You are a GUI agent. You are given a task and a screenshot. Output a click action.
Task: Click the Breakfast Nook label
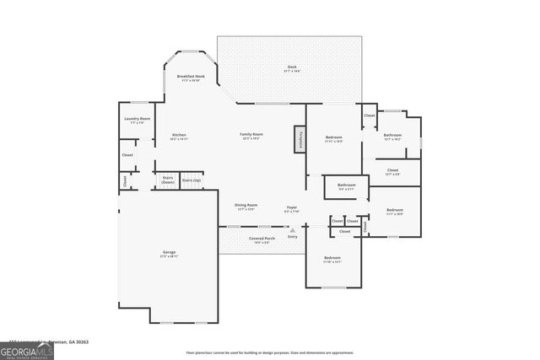pos(188,78)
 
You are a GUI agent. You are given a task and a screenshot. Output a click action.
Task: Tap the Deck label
pos(291,68)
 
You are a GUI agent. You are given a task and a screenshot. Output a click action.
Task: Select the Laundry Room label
pos(138,121)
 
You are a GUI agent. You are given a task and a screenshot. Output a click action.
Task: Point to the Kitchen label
pos(179,137)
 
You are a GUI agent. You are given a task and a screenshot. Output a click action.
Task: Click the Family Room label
pos(251,137)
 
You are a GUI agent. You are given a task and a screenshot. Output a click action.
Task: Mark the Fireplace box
pos(299,140)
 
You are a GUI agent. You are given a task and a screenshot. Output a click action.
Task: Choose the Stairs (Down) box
pos(167,180)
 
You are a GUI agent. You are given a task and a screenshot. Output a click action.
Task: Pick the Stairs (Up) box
pos(192,180)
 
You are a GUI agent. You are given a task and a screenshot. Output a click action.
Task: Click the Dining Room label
pos(246,207)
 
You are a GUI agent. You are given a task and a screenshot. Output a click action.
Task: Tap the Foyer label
pos(291,207)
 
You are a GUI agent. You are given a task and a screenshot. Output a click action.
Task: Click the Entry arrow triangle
pos(293,229)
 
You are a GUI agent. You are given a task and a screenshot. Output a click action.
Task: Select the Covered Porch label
pos(262,239)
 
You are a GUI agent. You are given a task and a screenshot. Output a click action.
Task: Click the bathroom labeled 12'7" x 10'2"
pos(393,137)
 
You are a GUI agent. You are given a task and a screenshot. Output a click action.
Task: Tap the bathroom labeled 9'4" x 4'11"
pos(347,186)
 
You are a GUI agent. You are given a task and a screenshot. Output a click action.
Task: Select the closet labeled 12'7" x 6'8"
pos(393,172)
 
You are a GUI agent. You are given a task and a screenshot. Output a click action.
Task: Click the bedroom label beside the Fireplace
pos(334,138)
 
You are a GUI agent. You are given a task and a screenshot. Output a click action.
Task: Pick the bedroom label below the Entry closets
pos(332,259)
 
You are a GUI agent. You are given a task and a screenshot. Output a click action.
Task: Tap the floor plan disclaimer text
pos(270,352)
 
